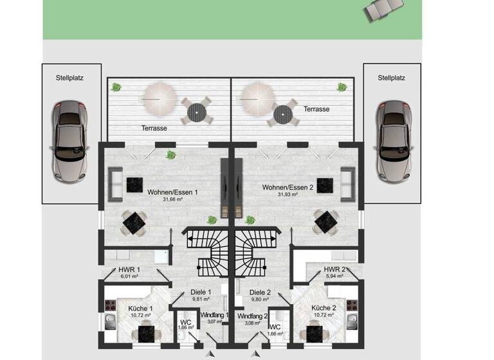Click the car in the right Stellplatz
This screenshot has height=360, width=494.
pyautogui.click(x=393, y=139)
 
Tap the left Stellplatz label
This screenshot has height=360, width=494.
pyautogui.click(x=70, y=78)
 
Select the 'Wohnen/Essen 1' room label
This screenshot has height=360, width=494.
pyautogui.click(x=173, y=192)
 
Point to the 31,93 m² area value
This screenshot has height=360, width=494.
pyautogui.click(x=287, y=195)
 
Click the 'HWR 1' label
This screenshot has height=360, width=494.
pyautogui.click(x=129, y=269)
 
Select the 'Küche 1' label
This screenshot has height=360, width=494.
pyautogui.click(x=140, y=308)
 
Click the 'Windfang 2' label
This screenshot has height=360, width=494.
pyautogui.click(x=251, y=316)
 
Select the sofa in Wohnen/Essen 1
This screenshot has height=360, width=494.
pyautogui.click(x=116, y=183)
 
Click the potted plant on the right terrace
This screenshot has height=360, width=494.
pyautogui.click(x=341, y=87)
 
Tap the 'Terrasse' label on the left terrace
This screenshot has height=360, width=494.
pyautogui.click(x=154, y=129)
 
